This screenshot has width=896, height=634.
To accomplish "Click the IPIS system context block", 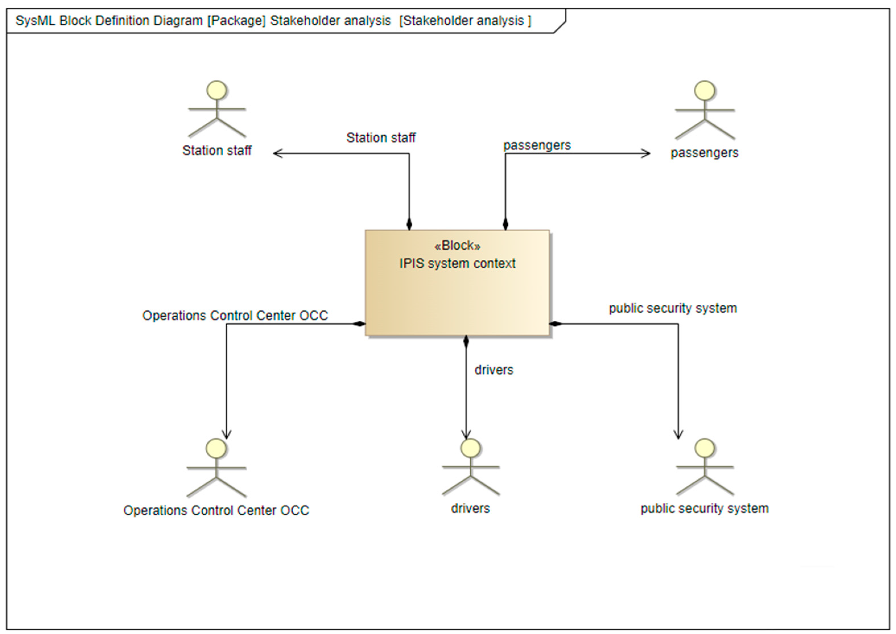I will [x=457, y=297].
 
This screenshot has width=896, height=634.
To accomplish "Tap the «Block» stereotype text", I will [x=457, y=246].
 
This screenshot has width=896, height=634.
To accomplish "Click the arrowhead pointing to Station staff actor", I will [x=277, y=153].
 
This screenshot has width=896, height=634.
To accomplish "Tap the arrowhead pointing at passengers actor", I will [x=646, y=153].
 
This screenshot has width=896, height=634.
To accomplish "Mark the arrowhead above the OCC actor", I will [x=227, y=435].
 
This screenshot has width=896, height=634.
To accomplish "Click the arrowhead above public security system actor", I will [x=678, y=435].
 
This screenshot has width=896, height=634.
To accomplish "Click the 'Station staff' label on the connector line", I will [x=381, y=138].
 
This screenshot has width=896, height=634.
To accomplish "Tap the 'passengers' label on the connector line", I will [x=537, y=145].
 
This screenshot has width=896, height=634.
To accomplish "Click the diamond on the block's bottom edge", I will [x=466, y=341].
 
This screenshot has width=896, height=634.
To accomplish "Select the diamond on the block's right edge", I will [x=555, y=324].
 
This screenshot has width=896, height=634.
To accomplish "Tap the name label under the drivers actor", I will [x=470, y=508].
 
